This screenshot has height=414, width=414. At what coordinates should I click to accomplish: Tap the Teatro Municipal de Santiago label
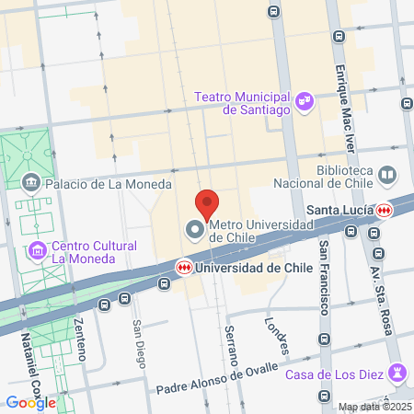[243, 102]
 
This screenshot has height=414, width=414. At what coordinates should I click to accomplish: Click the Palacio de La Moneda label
[109, 184]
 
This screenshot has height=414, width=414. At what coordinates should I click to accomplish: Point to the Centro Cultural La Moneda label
[94, 251]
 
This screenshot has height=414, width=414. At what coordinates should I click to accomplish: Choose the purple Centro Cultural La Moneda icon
[38, 249]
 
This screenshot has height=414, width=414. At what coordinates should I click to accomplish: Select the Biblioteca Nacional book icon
[387, 175]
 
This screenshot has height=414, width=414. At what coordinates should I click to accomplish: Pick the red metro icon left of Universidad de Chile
[185, 268]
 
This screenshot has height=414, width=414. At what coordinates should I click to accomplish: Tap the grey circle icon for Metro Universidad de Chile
[194, 229]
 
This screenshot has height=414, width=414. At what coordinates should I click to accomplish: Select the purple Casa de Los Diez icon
[397, 372]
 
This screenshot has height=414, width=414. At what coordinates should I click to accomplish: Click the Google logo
[30, 402]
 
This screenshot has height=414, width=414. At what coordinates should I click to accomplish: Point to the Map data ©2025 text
[374, 407]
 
